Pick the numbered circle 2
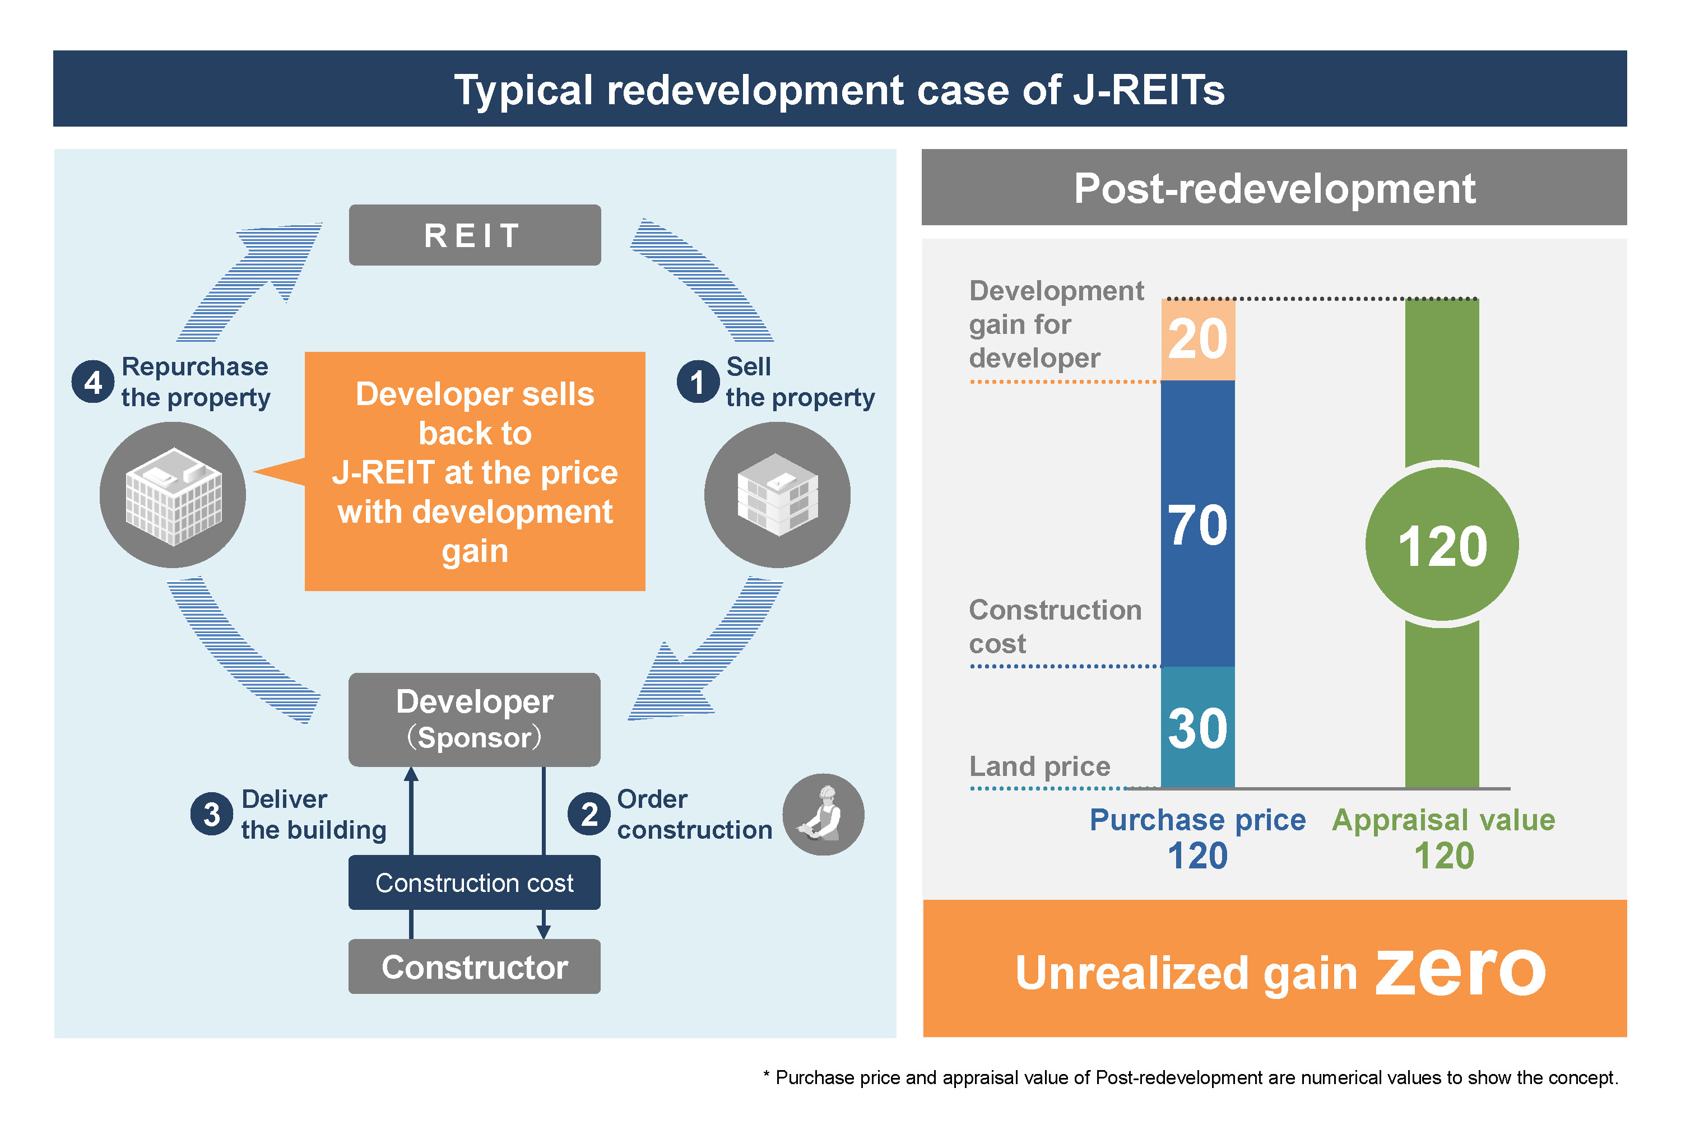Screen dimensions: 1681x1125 (589, 813)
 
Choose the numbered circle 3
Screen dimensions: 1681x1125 (212, 813)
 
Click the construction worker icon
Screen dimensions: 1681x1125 (823, 813)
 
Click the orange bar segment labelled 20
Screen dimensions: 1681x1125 (1197, 340)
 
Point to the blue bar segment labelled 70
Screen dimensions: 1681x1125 (1197, 524)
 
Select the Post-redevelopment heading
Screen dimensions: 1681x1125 (1274, 189)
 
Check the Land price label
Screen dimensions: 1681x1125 (1039, 766)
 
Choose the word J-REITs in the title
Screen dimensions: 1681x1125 (1149, 90)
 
